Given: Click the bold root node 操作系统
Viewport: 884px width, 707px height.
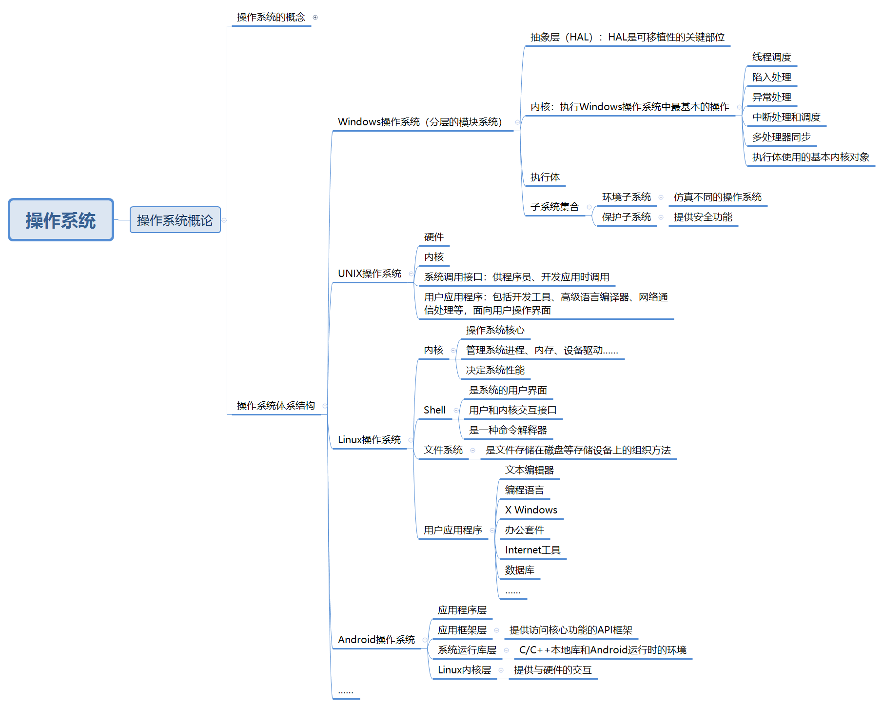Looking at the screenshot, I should click(x=61, y=220).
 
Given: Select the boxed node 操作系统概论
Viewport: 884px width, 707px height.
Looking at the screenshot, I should click(x=175, y=220).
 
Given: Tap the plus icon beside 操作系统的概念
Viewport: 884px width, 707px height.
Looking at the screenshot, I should click(x=315, y=18).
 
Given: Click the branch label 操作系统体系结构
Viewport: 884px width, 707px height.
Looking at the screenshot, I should click(x=275, y=406).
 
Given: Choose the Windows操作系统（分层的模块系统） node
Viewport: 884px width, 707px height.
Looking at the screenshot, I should click(x=419, y=122).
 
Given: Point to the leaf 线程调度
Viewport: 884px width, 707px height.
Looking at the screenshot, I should click(x=771, y=57).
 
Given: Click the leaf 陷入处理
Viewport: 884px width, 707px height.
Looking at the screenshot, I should click(x=771, y=77).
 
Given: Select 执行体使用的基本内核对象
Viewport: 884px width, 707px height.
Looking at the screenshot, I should click(x=810, y=157).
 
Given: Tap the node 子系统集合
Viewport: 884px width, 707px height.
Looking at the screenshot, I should click(x=554, y=207).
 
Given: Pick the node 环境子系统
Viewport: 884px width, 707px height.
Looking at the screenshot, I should click(x=626, y=197).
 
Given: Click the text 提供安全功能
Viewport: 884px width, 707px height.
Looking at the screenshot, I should click(x=703, y=217).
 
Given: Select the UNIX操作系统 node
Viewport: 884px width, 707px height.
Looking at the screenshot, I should click(x=370, y=274).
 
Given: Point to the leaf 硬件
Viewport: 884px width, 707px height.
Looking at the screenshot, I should click(x=433, y=237).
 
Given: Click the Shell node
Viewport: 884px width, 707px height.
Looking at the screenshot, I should click(x=434, y=410).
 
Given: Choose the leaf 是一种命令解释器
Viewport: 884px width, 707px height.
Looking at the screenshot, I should click(x=508, y=430).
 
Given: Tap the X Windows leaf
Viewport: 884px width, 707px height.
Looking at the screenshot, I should click(x=531, y=510).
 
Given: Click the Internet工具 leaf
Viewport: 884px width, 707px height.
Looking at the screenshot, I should click(x=532, y=550).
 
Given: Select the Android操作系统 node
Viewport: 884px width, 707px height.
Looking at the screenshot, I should click(x=376, y=640).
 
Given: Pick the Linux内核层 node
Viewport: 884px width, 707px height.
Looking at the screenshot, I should click(x=464, y=670).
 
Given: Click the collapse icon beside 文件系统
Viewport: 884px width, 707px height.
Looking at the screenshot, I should click(x=472, y=450).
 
